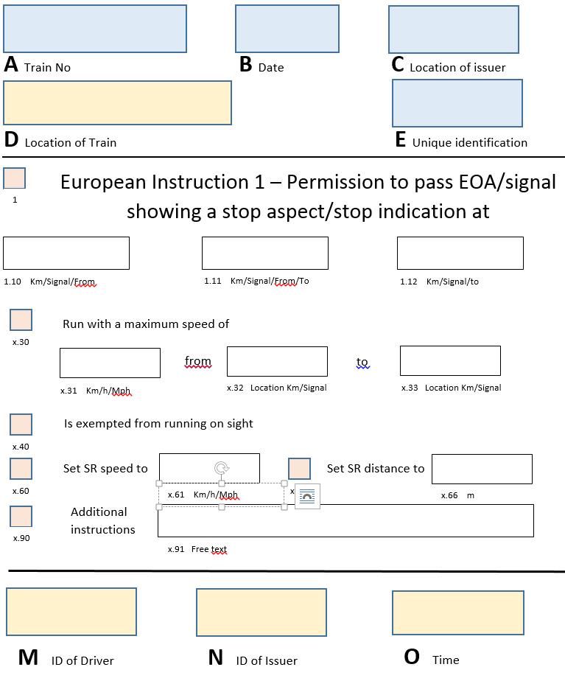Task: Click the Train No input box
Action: (x=95, y=29)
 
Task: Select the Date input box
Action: (x=287, y=29)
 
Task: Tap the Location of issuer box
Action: (x=454, y=29)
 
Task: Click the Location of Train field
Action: (x=117, y=102)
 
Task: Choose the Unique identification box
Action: (x=457, y=102)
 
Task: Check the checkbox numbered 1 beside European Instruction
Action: (x=15, y=178)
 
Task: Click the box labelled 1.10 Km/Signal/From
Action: (x=66, y=253)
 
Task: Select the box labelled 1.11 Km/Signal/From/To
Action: (x=265, y=253)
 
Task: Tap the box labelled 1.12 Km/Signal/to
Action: (x=460, y=253)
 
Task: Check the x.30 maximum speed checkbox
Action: (x=21, y=320)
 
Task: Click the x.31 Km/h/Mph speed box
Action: (x=110, y=363)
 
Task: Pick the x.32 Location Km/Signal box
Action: (x=277, y=361)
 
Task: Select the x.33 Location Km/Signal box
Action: (x=450, y=360)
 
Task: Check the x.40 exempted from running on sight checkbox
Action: (x=21, y=425)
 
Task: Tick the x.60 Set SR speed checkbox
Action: (x=21, y=469)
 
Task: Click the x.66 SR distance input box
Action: (x=482, y=469)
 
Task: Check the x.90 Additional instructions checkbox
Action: (x=21, y=516)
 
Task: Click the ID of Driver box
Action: (x=71, y=612)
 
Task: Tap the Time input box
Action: (x=457, y=612)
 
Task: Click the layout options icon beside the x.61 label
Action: (x=307, y=497)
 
